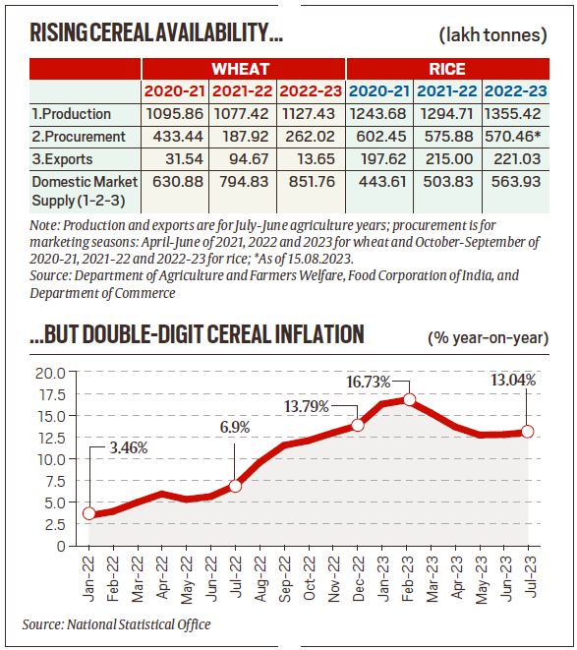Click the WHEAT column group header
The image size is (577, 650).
click(244, 70)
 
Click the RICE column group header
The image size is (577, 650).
click(447, 70)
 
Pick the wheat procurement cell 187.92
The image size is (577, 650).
click(243, 137)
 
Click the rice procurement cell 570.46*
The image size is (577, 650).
click(514, 137)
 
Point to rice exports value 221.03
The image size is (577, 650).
click(514, 160)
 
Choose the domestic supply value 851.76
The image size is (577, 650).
click(312, 182)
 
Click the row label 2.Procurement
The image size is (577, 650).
click(79, 137)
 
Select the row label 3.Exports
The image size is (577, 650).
click(65, 160)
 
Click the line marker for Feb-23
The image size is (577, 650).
click(409, 400)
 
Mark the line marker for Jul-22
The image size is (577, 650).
click(234, 486)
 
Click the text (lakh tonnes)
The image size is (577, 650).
click(492, 35)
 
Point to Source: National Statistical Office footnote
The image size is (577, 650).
click(116, 624)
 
